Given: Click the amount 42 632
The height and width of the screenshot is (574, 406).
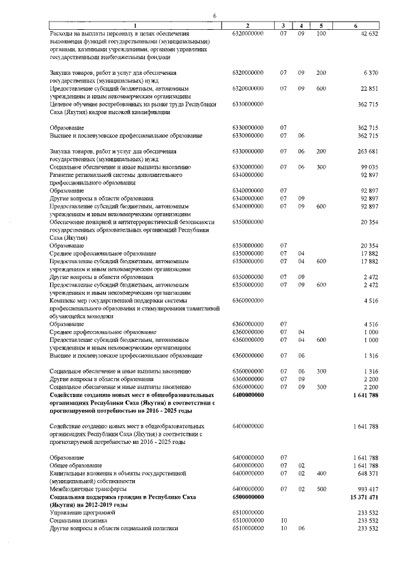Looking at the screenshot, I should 369,32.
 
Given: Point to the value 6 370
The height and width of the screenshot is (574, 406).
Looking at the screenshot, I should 371,74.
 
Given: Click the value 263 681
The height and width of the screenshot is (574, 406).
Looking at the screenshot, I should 367,151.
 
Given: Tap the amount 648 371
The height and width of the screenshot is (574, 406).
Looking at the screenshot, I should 367,473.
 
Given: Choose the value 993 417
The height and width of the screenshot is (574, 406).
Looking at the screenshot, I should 367,489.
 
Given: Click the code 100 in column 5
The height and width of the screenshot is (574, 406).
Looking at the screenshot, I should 321,32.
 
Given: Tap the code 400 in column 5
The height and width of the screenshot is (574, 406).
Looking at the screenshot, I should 321,473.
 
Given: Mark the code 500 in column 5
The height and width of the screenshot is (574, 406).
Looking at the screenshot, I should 321,489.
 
